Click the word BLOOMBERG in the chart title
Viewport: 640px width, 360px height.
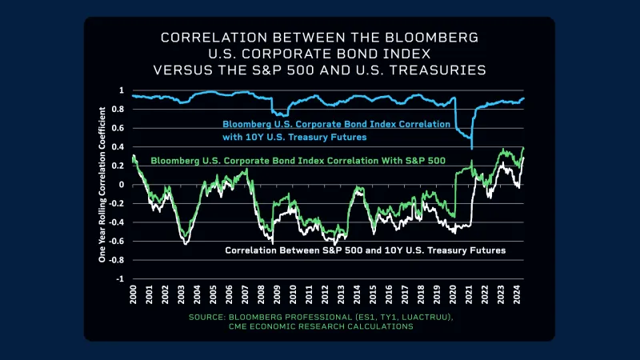click(439, 38)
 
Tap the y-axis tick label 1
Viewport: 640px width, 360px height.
click(122, 90)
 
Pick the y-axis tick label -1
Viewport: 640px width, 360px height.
click(121, 279)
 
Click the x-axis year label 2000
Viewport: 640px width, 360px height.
click(133, 294)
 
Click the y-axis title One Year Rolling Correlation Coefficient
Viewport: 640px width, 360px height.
click(102, 185)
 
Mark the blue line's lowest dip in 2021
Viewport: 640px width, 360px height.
click(472, 148)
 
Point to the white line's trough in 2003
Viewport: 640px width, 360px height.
click(186, 243)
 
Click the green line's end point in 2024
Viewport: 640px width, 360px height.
click(524, 148)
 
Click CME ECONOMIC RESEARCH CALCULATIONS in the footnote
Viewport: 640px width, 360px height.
click(319, 326)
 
